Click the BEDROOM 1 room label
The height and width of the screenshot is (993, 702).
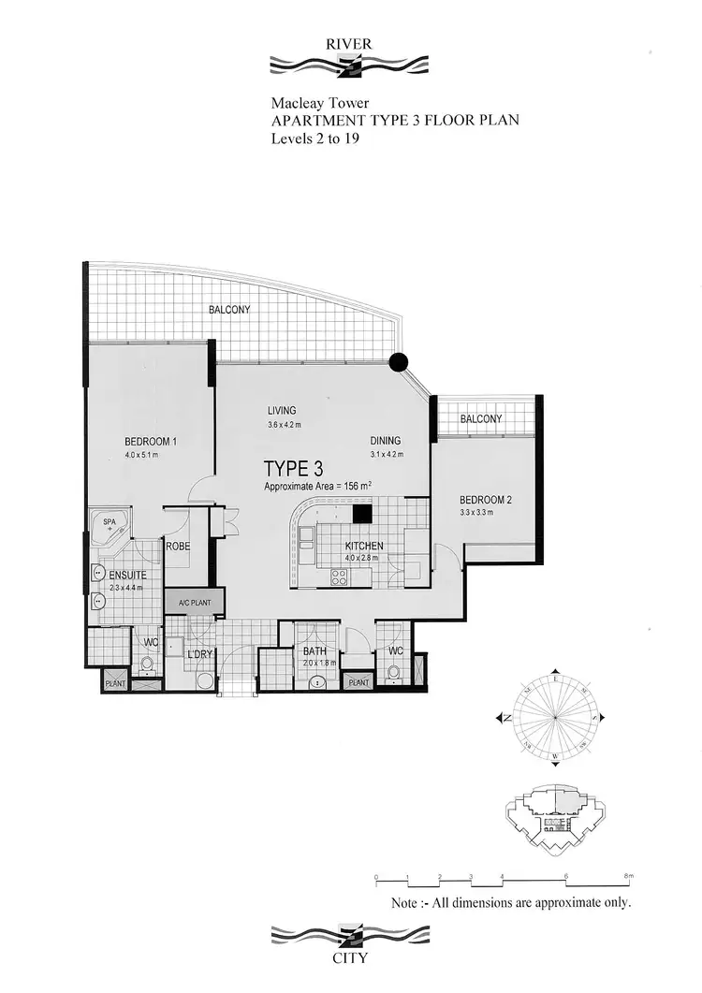tap(151, 442)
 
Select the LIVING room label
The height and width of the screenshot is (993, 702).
tap(281, 410)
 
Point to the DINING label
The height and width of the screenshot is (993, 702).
tap(385, 441)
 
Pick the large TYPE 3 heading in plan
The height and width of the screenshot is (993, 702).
tap(294, 469)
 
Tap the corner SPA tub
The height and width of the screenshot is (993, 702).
tap(110, 527)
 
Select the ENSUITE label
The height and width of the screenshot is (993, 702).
tap(126, 576)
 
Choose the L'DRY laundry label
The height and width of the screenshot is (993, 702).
tap(200, 653)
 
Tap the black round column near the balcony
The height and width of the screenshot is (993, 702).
tap(399, 362)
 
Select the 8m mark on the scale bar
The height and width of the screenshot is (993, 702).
tap(629, 877)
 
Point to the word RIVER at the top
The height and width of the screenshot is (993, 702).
tap(348, 44)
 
